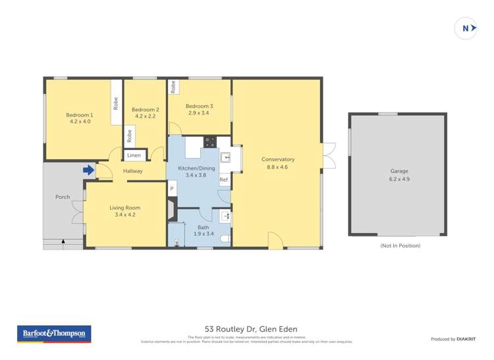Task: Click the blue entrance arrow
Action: [x=88, y=170]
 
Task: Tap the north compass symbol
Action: [x=466, y=28]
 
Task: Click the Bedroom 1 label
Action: [x=79, y=118]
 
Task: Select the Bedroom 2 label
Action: [x=145, y=113]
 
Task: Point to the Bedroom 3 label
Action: [x=199, y=109]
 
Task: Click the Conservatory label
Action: [x=277, y=163]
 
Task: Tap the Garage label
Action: [x=399, y=174]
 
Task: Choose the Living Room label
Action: [x=124, y=211]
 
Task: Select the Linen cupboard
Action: [x=134, y=156]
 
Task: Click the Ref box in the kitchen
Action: [x=224, y=180]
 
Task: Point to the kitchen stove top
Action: [x=210, y=141]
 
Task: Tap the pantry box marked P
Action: [x=172, y=190]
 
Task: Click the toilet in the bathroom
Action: [x=226, y=239]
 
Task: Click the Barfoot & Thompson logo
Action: [x=54, y=334]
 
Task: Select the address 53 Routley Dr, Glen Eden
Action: [x=251, y=328]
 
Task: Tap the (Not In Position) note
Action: [x=400, y=245]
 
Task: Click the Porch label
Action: [x=63, y=197]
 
